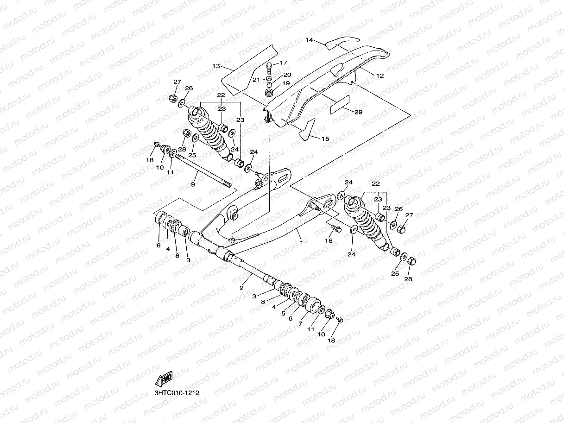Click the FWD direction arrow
(164, 379)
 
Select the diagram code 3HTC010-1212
(177, 393)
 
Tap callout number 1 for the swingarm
(301, 242)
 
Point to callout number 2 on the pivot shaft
(241, 288)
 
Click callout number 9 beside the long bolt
(193, 184)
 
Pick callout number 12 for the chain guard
(380, 76)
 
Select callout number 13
(216, 66)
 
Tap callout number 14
(310, 40)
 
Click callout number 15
(325, 139)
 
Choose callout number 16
(329, 240)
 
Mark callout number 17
(284, 63)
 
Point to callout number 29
(358, 112)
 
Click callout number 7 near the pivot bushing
(300, 324)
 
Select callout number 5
(283, 314)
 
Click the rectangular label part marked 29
(340, 105)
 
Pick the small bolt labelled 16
(336, 228)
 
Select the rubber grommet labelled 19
(269, 93)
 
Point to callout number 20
(287, 75)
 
